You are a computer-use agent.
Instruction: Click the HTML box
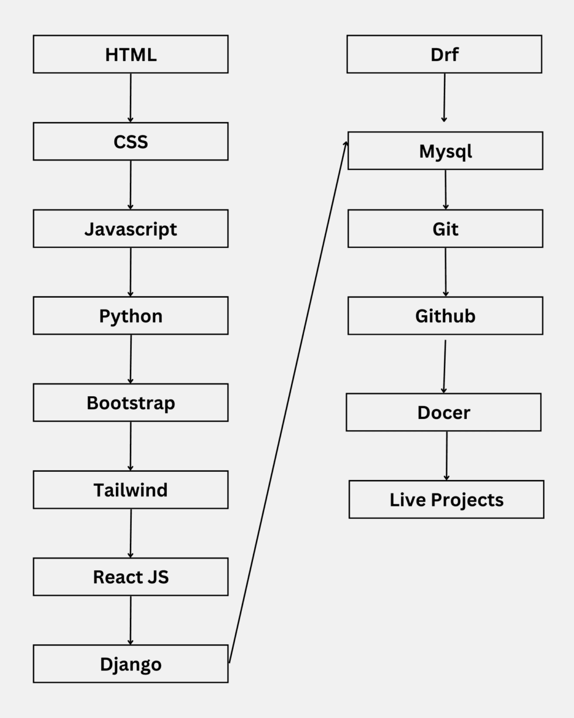[131, 55]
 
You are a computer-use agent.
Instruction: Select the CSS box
[131, 142]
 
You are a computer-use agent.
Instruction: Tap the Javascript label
[131, 229]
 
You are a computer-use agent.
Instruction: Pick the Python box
[131, 316]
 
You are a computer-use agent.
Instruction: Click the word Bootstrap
[131, 403]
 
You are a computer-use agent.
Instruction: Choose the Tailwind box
[131, 490]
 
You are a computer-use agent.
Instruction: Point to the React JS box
[131, 577]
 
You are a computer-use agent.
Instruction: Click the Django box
[131, 664]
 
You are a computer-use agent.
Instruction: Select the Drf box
[444, 55]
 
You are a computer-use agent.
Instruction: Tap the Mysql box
[445, 151]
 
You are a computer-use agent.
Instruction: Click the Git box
[445, 229]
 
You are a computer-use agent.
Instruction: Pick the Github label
[445, 316]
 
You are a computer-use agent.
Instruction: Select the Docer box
[443, 413]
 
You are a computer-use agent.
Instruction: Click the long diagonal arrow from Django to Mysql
[287, 404]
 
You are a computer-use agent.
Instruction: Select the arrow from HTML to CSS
[131, 97]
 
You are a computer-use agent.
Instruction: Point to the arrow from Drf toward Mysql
[444, 97]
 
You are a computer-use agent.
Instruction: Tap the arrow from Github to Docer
[445, 366]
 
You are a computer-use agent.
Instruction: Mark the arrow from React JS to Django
[131, 620]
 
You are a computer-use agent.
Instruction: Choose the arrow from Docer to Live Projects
[446, 456]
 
